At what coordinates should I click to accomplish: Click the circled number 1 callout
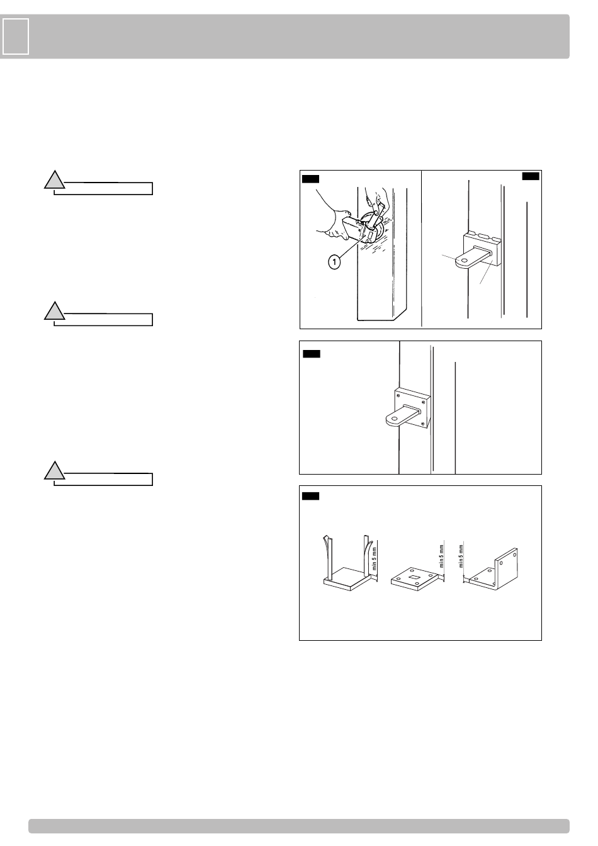[334, 261]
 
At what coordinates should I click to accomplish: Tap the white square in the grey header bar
[16, 37]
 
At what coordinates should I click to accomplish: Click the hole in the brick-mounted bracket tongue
[464, 260]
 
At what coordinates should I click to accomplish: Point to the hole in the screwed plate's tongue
[395, 419]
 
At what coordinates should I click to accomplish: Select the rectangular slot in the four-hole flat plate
[414, 577]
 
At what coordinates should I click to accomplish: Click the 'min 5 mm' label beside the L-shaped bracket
[461, 556]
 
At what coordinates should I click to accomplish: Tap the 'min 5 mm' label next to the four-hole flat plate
[441, 556]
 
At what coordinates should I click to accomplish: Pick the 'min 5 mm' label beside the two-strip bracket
[375, 558]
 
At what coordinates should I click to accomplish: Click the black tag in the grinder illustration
[310, 179]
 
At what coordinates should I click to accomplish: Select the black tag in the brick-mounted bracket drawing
[531, 176]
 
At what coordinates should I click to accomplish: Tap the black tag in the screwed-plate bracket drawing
[312, 354]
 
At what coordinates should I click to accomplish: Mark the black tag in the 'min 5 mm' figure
[310, 496]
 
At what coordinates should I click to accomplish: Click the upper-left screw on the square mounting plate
[398, 395]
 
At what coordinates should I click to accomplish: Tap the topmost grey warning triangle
[54, 180]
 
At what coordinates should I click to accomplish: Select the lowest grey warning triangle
[54, 471]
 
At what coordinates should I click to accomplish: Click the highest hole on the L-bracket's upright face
[514, 555]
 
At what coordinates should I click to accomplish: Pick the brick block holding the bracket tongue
[482, 249]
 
